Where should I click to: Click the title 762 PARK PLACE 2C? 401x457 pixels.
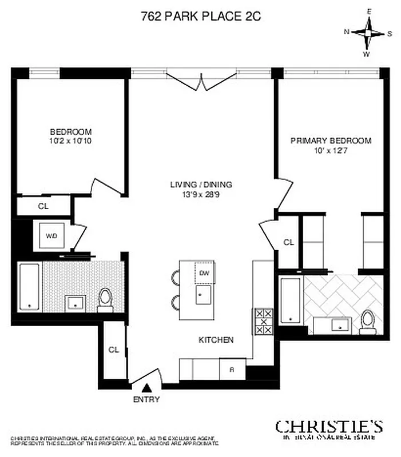pos(201,17)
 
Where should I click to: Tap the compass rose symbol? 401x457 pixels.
pos(368,33)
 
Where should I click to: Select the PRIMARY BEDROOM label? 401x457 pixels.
pos(331,141)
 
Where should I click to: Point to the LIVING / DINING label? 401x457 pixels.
pos(201,185)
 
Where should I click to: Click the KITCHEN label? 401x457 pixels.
pos(216,340)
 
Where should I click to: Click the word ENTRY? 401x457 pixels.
pos(146,400)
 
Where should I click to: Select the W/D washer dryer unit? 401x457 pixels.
pos(51,234)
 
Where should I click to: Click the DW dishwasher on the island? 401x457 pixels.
pos(204,272)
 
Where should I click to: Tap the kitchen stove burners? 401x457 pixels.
pos(263,321)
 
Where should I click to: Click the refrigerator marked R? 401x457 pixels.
pos(232,369)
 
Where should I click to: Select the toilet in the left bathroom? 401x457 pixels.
pos(105,300)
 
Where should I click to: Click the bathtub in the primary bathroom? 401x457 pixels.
pos(291,300)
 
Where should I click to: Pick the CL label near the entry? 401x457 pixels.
pos(113,350)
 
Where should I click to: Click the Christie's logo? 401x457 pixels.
pos(329,427)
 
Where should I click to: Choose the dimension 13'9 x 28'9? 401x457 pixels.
pos(201,194)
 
